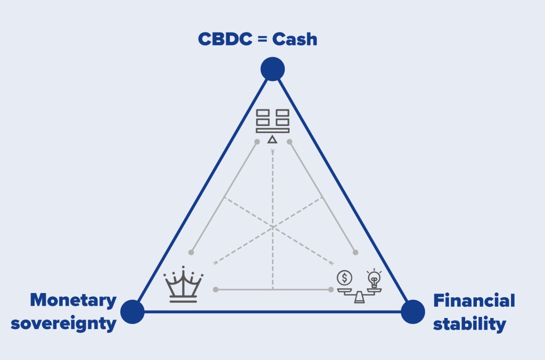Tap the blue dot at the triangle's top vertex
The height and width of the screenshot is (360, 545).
(272, 69)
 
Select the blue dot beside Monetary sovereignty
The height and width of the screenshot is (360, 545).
(133, 312)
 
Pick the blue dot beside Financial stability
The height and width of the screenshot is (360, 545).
(412, 312)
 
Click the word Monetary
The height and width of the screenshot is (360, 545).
(73, 301)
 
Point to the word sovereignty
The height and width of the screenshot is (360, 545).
(64, 324)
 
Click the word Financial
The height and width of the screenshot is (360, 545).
(474, 301)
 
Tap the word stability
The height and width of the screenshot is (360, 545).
(469, 324)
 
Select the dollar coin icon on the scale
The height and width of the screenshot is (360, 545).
(344, 277)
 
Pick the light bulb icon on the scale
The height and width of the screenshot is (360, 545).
(375, 278)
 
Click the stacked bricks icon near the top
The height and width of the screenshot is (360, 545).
(272, 120)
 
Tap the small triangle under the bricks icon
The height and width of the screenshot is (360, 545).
(272, 139)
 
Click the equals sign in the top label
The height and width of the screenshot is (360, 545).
(262, 39)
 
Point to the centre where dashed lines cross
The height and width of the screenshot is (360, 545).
(272, 227)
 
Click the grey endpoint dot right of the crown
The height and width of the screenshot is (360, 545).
(216, 290)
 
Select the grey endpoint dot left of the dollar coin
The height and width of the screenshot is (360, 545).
(331, 290)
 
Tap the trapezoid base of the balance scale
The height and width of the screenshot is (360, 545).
(360, 298)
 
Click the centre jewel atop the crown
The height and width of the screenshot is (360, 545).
(183, 268)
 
